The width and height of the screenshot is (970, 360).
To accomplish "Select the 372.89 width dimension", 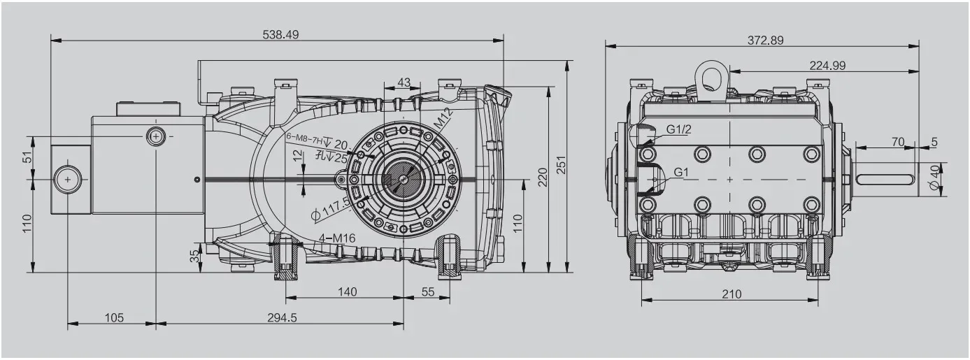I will [765, 41].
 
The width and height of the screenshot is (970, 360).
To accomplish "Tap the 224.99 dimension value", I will [827, 65].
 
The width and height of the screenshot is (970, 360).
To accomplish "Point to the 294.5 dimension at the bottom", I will [282, 317].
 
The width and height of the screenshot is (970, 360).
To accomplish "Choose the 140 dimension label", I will [347, 291].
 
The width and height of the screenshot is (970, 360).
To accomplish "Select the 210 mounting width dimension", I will [732, 294].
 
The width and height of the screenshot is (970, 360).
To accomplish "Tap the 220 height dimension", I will [542, 178].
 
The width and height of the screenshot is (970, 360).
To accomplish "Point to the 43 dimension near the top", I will [404, 82].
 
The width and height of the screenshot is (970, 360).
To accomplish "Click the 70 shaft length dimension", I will [898, 142].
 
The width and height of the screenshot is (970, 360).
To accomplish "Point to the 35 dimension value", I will [194, 257].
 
